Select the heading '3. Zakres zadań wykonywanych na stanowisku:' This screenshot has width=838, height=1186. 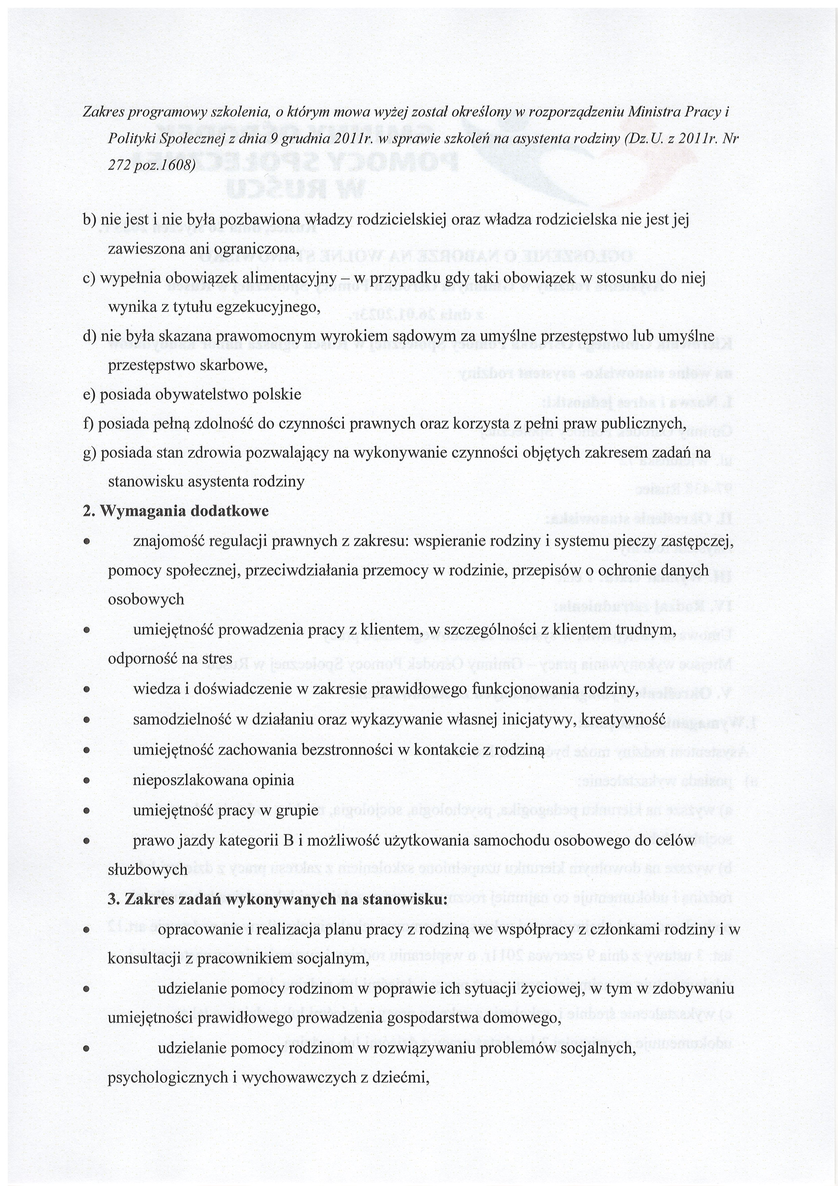(x=278, y=899)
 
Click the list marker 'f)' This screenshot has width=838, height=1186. (x=89, y=424)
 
